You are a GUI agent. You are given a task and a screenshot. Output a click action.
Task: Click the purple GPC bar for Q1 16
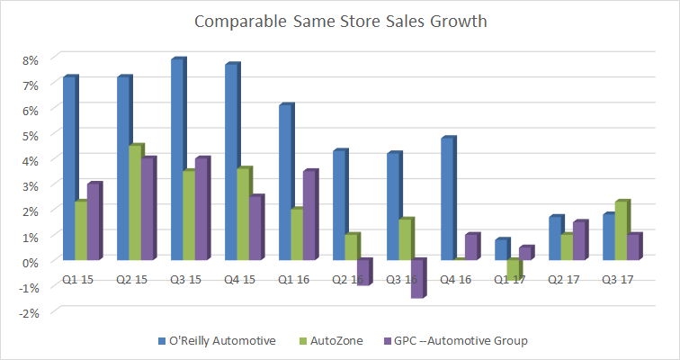pos(309,215)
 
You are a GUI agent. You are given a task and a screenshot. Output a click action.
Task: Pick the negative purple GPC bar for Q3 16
pos(417,278)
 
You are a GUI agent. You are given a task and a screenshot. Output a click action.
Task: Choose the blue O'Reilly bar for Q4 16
pos(448,199)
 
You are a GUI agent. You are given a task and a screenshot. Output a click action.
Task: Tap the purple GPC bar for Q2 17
pos(579,241)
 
